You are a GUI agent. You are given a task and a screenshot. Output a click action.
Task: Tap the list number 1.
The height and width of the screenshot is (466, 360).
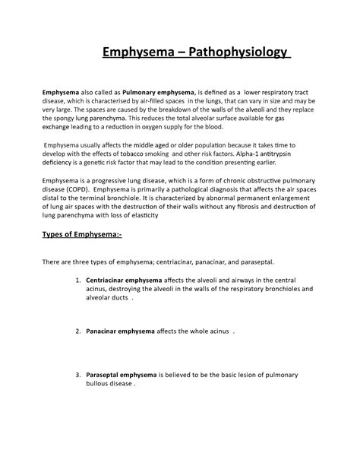pos(78,280)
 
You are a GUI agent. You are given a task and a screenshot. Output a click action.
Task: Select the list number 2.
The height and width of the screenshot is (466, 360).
pos(78,332)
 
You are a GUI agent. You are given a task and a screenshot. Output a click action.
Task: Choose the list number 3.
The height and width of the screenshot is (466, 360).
pos(78,376)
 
